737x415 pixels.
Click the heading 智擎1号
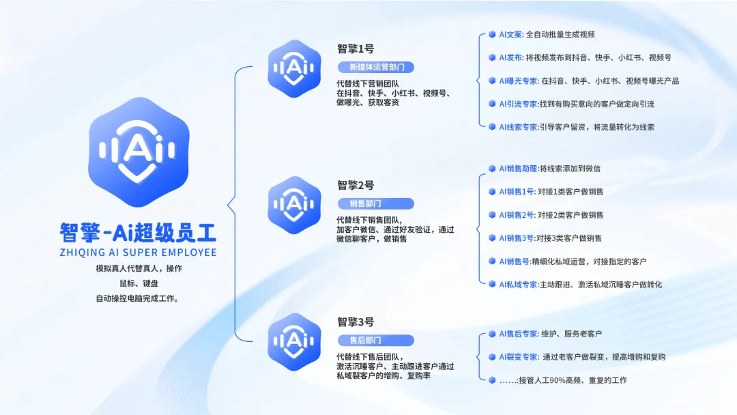[356, 49]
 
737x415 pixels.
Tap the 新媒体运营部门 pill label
[376, 67]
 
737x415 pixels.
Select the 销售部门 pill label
[376, 203]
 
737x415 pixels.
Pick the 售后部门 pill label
[376, 340]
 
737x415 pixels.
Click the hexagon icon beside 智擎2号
[294, 203]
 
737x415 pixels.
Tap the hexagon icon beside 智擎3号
[294, 340]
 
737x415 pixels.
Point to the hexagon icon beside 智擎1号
[294, 66]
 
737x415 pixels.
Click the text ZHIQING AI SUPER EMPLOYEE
[138, 252]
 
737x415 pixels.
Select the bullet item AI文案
[510, 34]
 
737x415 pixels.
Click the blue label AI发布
[510, 57]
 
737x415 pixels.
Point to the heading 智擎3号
[356, 322]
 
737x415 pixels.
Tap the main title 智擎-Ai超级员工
[138, 232]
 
